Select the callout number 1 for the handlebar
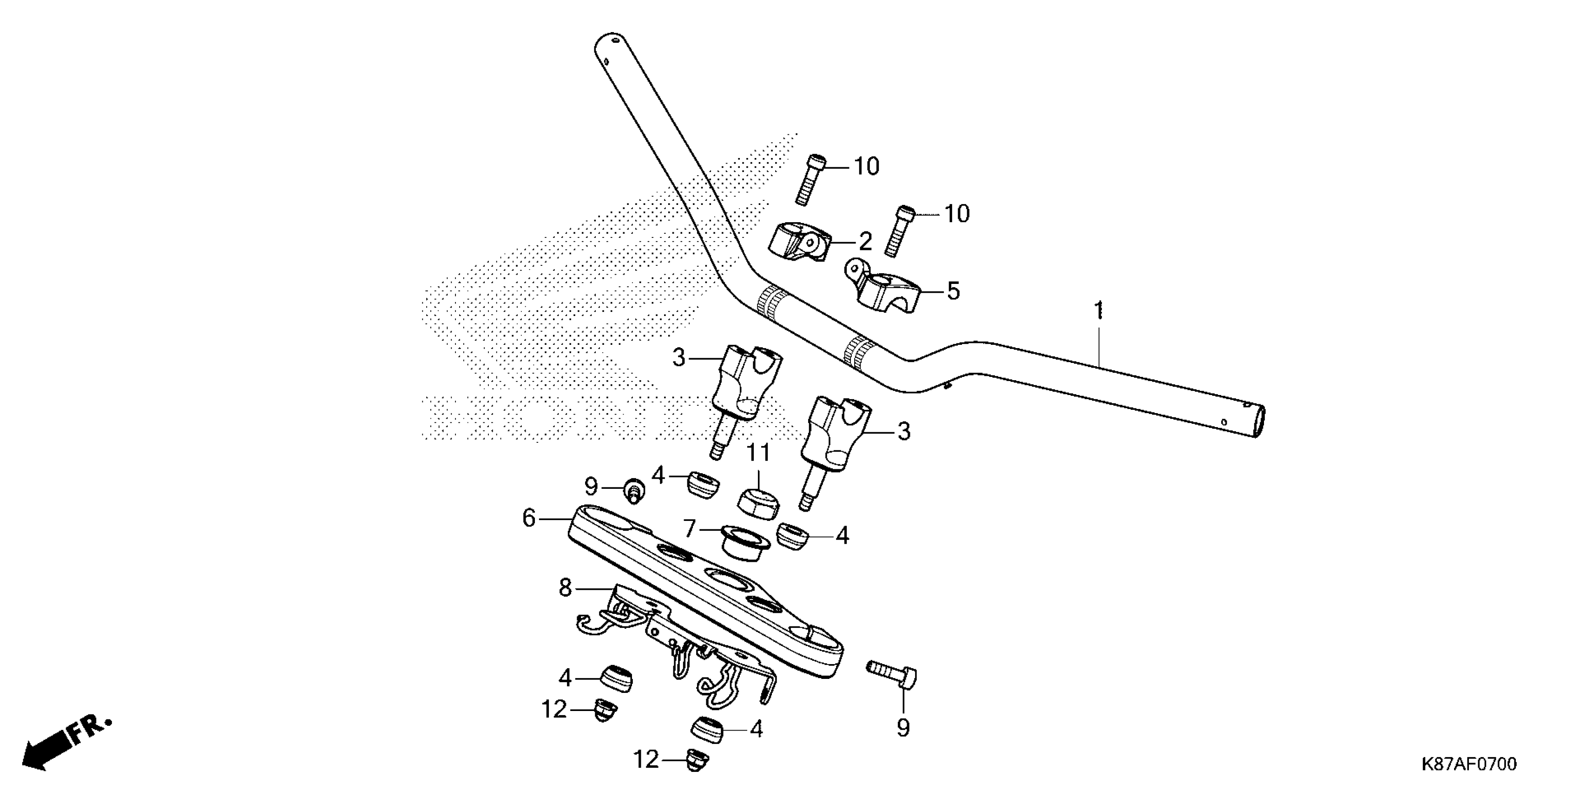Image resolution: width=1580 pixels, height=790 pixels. click(x=1099, y=310)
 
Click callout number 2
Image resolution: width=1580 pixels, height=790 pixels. click(x=865, y=242)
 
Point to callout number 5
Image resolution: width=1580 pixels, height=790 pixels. click(x=953, y=291)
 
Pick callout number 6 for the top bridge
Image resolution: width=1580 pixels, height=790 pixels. click(x=529, y=518)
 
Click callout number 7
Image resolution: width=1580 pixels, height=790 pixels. click(x=690, y=528)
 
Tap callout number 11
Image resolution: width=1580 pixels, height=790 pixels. click(x=758, y=453)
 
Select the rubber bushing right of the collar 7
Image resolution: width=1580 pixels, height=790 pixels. click(x=793, y=536)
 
